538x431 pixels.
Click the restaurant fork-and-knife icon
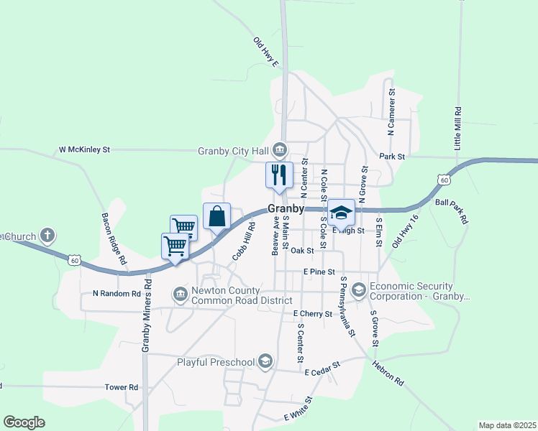click(x=279, y=175)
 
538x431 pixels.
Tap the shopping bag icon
click(x=216, y=215)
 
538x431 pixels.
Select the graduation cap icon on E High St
click(x=341, y=213)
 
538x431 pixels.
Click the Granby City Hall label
click(x=234, y=151)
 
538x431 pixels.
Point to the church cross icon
click(x=47, y=236)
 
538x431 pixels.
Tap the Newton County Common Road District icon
click(x=180, y=293)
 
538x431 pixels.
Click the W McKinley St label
click(x=84, y=151)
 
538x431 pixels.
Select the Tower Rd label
click(x=121, y=387)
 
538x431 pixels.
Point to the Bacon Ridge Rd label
click(x=114, y=237)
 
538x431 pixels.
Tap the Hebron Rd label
click(x=388, y=372)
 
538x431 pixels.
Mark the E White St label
click(x=299, y=409)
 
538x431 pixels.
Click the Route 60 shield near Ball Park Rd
click(x=444, y=178)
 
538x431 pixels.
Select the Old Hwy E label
click(x=265, y=52)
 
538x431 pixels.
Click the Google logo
click(x=24, y=422)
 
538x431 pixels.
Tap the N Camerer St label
click(x=392, y=112)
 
